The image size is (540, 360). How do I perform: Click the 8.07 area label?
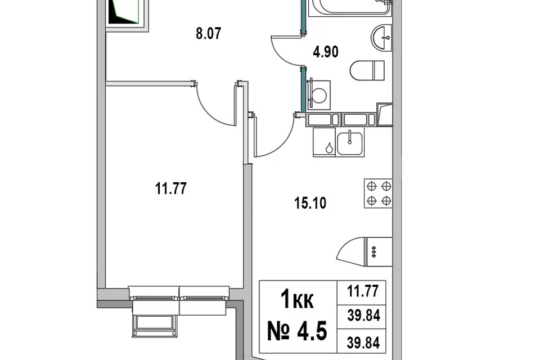pyautogui.click(x=208, y=34)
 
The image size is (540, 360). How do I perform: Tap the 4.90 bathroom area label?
pyautogui.click(x=326, y=52)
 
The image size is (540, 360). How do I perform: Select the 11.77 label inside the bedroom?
pyautogui.click(x=171, y=189)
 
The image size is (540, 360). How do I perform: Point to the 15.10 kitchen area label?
pyautogui.click(x=310, y=203)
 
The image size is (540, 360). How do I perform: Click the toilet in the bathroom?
pyautogui.click(x=367, y=71)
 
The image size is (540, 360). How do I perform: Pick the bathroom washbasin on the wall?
pyautogui.click(x=381, y=38)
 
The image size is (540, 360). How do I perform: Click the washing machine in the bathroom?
pyautogui.click(x=319, y=95)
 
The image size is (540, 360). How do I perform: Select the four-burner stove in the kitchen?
pyautogui.click(x=378, y=193)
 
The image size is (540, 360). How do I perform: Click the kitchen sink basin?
pyautogui.click(x=349, y=143)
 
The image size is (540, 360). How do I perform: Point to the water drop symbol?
pyautogui.click(x=330, y=148)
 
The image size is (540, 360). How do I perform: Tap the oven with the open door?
pyautogui.click(x=364, y=252)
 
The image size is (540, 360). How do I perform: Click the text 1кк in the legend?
pyautogui.click(x=297, y=300)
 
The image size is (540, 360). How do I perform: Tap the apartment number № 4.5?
pyautogui.click(x=297, y=330)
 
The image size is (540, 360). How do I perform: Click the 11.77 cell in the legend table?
pyautogui.click(x=363, y=291)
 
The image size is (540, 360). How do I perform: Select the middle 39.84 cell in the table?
pyautogui.click(x=364, y=315)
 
